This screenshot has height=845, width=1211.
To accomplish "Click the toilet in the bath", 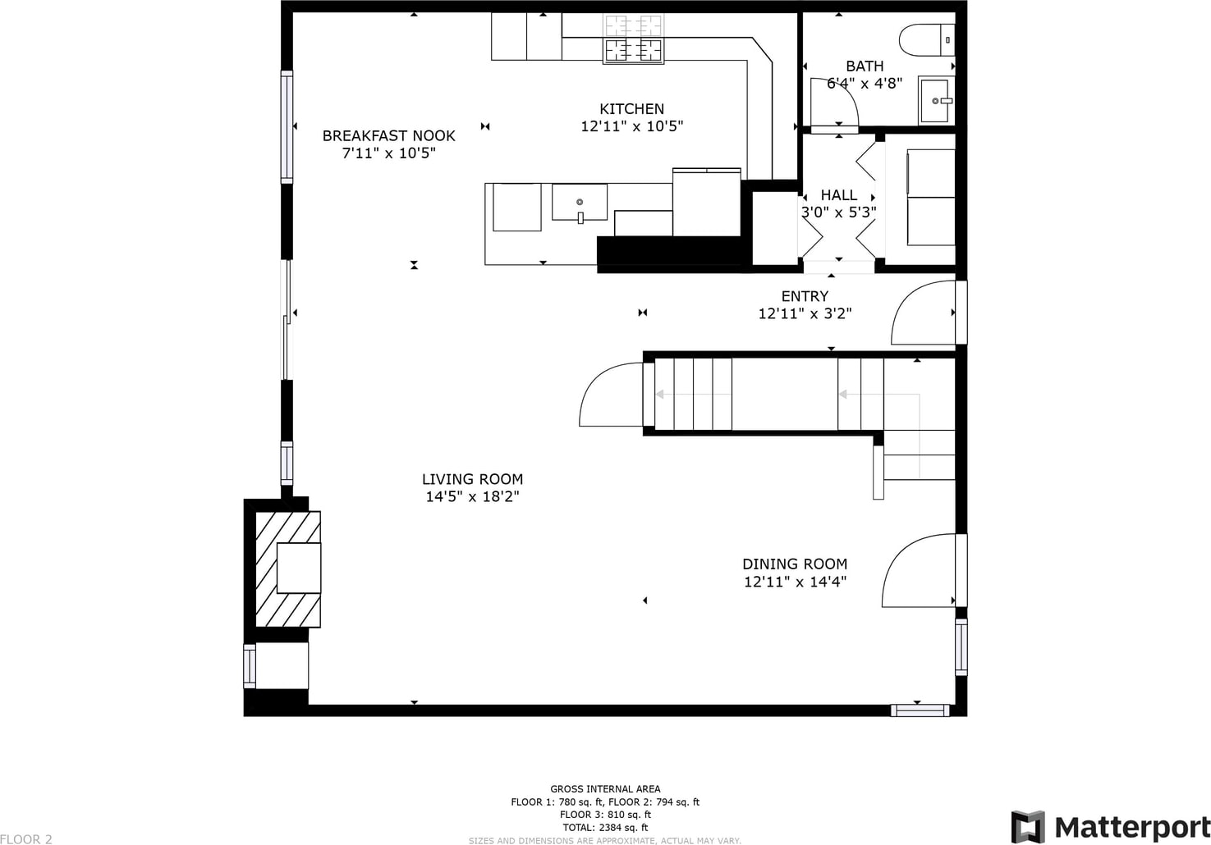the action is click(x=927, y=39).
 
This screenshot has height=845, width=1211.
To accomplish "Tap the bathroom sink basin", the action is click(x=936, y=100).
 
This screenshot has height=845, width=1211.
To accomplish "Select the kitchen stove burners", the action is click(x=633, y=39).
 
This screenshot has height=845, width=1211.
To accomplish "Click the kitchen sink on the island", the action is click(x=579, y=203).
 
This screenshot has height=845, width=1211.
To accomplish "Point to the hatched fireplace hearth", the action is click(x=287, y=569).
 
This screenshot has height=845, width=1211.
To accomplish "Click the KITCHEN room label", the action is click(x=631, y=108).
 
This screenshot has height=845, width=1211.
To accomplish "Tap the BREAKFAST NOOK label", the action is click(x=388, y=135).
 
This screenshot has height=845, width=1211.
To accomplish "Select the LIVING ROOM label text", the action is click(x=472, y=479).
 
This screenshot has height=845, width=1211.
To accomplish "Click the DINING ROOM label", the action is click(x=794, y=564).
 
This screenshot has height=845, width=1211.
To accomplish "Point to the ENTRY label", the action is click(x=805, y=296).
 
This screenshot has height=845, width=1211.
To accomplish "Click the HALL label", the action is click(x=838, y=195).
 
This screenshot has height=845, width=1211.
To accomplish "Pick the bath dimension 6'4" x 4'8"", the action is click(x=865, y=83).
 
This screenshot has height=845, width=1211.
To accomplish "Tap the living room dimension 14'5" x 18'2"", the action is click(x=472, y=496).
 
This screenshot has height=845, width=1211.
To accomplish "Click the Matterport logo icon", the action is click(x=1028, y=827).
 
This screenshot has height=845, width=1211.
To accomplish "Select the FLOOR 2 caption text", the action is click(x=26, y=839).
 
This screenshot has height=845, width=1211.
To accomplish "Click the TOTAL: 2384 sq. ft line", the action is click(x=605, y=827).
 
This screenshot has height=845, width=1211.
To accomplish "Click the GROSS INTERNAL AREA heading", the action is click(x=605, y=789).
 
